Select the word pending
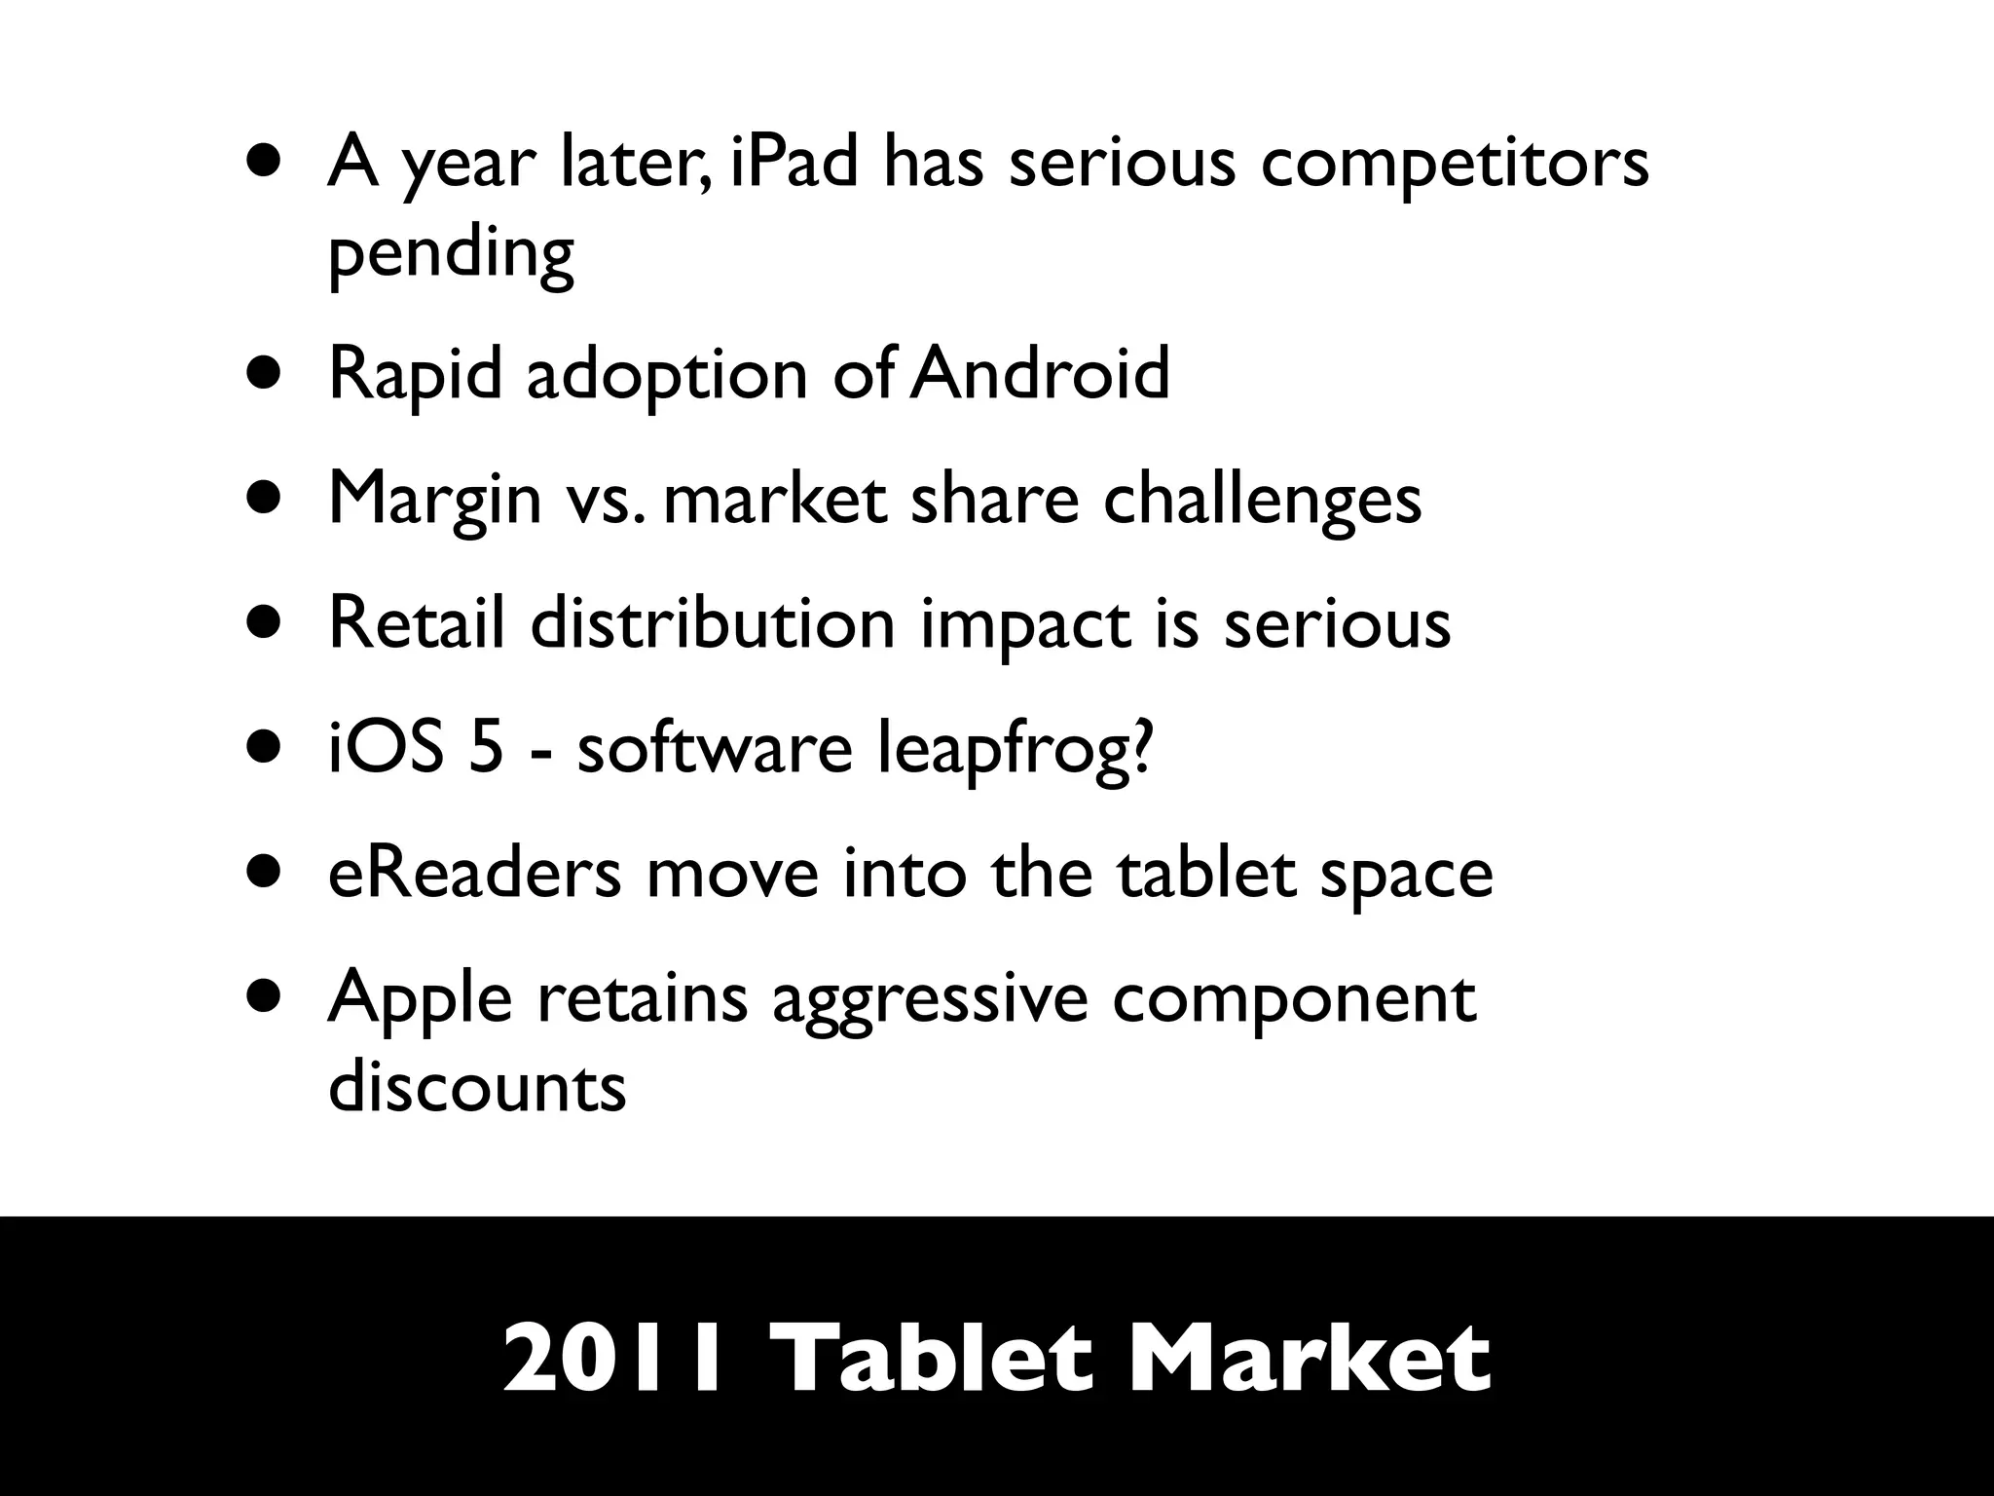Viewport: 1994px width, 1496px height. [451, 255]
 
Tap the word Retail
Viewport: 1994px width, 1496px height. [417, 622]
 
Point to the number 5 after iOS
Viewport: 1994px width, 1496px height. [486, 748]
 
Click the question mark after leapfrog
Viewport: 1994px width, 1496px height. [1137, 748]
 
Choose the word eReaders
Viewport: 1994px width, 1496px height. [474, 873]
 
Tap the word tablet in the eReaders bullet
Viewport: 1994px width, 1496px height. [1205, 873]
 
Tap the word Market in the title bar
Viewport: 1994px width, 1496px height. [1308, 1358]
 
